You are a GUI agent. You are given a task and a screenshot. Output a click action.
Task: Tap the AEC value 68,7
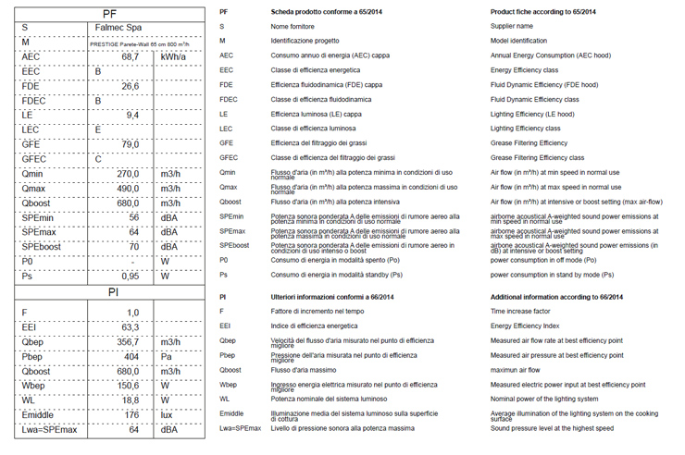tap(130, 57)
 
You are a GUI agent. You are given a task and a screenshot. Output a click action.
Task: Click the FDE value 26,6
tap(131, 86)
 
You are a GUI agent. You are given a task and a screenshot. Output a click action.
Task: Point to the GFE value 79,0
tap(131, 144)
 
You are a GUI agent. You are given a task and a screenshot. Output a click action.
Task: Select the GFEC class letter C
tap(98, 159)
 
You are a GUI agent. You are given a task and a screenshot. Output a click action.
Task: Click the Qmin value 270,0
tap(128, 174)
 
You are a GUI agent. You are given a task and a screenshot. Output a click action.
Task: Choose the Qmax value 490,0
tap(128, 189)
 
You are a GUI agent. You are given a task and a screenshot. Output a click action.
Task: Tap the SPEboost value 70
tap(133, 247)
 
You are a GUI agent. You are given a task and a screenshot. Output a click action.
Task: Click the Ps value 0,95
tap(131, 276)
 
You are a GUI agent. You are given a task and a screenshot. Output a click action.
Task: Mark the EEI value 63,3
tap(131, 326)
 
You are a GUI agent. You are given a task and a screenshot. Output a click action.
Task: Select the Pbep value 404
tap(131, 356)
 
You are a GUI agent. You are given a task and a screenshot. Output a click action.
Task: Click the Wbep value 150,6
tap(129, 385)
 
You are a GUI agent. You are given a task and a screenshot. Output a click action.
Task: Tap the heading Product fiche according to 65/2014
tap(543, 11)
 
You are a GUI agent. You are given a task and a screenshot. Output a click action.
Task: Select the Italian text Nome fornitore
tap(293, 26)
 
